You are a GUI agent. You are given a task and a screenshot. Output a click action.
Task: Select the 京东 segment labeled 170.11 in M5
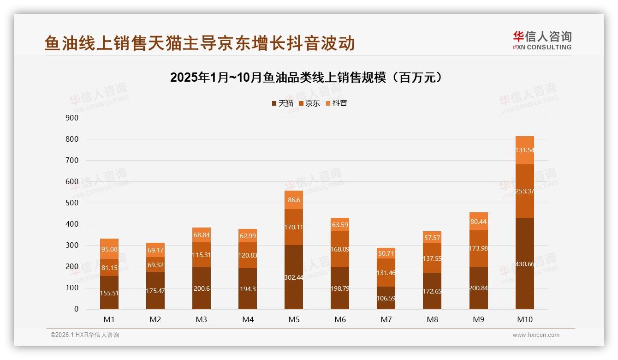pos(294,227)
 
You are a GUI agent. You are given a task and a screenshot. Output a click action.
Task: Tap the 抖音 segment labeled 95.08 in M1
pos(109,249)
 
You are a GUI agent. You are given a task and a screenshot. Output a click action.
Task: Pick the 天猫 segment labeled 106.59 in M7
pos(386,298)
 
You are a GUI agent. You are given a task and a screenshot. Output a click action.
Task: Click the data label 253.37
pos(524,191)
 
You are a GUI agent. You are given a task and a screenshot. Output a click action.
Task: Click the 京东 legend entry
pos(309,103)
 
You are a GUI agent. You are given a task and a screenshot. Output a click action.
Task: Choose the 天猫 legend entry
pos(282,103)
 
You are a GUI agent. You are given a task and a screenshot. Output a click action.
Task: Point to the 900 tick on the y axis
pos(73,118)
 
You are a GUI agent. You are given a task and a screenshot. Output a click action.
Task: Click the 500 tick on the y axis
pos(73,203)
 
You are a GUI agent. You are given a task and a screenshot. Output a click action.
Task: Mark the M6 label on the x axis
pos(340,319)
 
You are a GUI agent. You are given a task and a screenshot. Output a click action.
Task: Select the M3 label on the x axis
pos(202,319)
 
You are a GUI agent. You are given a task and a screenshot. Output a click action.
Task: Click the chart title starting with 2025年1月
pos(308,78)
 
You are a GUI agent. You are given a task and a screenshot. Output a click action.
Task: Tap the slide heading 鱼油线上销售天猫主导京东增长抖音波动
pos(199,43)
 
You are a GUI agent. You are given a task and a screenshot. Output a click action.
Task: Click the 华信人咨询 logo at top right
pos(542,40)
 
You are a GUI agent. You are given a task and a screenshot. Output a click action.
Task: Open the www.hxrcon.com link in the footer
pos(536,335)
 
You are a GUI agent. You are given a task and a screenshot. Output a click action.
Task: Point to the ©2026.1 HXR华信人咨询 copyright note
pos(84,335)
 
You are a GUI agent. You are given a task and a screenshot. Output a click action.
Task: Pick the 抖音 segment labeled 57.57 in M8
pos(432,237)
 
